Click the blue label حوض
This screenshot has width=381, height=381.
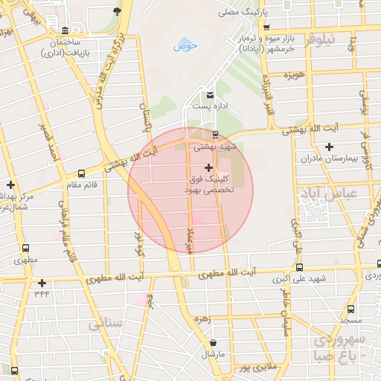pos(185,46)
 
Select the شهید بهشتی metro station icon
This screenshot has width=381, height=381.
pos(215,135)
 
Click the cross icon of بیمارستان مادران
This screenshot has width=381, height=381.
pos(328,146)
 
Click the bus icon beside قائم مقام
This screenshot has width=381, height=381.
pos(80,173)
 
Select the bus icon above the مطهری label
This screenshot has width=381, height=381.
pos(26,249)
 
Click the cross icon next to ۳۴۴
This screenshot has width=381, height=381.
pos(42,283)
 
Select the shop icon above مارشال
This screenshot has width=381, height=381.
pos(214,343)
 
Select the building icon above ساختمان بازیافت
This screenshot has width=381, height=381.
pos(65,31)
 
